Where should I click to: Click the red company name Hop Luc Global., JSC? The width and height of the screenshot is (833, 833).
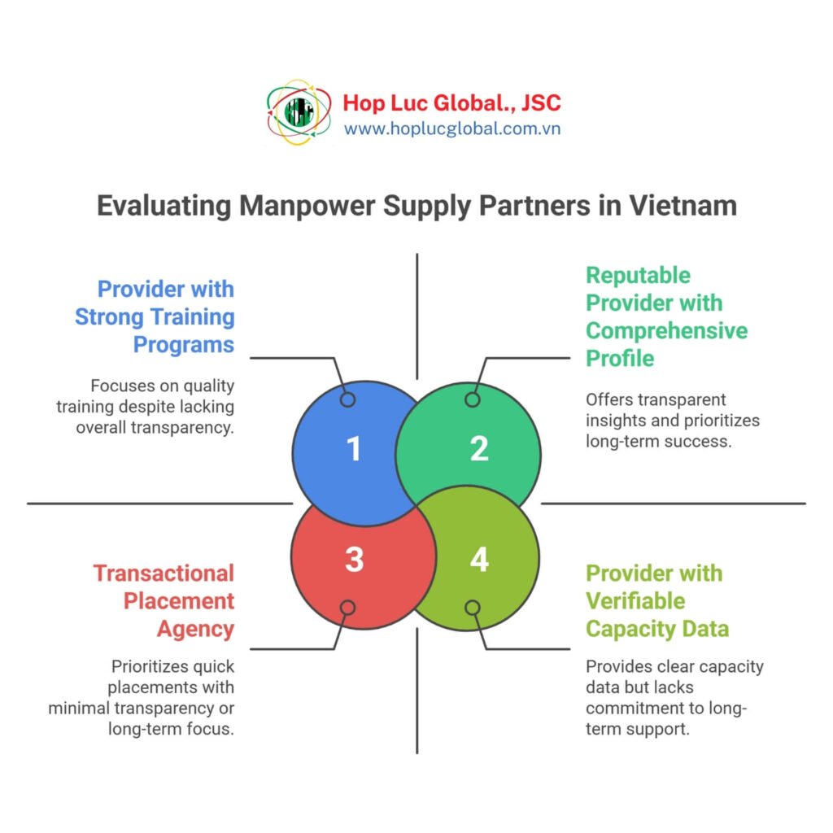451,103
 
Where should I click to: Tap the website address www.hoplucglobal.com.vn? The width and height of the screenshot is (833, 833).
451,129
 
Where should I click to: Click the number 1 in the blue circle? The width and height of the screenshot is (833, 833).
354,449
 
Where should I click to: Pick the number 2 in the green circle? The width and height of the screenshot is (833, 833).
479,449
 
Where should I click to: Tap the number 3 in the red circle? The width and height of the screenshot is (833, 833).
354,560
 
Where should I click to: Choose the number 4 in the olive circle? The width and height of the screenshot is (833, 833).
479,560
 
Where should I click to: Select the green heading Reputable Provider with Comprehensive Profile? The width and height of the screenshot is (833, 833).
665,316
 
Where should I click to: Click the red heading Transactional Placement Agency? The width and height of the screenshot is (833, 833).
164,600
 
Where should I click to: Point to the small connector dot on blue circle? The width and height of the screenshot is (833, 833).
347,399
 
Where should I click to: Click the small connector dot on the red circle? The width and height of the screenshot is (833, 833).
347,608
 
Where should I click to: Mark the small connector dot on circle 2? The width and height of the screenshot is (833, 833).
472,399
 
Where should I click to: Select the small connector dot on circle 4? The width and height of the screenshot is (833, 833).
472,608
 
